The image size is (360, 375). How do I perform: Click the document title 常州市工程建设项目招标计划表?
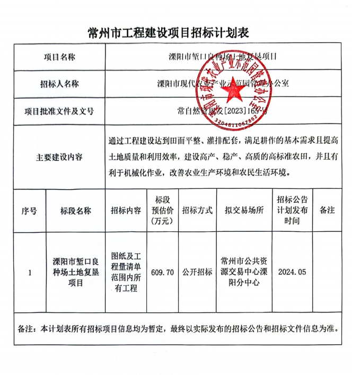point(168,33)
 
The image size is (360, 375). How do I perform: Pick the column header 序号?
point(29,211)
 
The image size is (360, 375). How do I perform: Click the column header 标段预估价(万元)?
point(162,211)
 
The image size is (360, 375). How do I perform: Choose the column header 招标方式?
point(197,211)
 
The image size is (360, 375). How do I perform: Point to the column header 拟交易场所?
point(244,211)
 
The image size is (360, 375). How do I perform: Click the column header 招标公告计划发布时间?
point(292,211)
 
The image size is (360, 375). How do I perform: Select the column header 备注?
point(327,211)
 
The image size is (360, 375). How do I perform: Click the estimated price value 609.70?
point(162,273)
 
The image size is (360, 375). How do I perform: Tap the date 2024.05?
point(292,273)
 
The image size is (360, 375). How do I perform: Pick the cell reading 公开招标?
point(197,273)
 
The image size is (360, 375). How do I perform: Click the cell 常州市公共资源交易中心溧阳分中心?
point(244,273)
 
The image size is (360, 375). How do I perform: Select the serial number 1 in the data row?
point(30,273)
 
